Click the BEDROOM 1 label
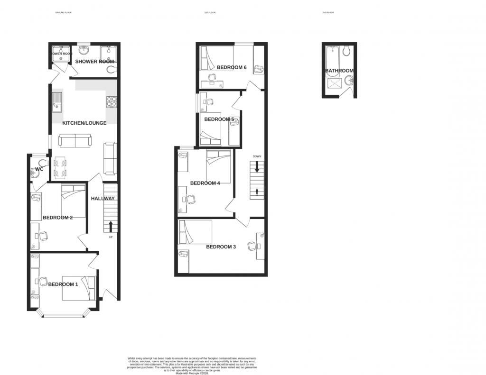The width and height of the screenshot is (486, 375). coord(63,284)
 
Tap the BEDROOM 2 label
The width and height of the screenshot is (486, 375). coord(57,218)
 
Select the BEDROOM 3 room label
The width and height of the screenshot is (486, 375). coord(221,247)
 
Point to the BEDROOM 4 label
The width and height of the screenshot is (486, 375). coord(205,183)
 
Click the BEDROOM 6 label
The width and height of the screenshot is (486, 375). coord(232,67)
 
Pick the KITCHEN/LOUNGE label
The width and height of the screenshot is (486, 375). coord(84,123)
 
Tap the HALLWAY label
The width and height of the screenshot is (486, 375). coord(103,199)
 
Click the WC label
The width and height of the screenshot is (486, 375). coord(39,169)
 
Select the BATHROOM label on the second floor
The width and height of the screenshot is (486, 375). coord(339,71)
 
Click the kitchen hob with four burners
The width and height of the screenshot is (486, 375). coord(112,101)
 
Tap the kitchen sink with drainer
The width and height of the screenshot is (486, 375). coord(57,101)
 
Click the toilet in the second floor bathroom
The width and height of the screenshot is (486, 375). coord(347,50)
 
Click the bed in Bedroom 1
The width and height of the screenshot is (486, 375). coord(79,288)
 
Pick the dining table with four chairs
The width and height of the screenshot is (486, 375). coord(60,167)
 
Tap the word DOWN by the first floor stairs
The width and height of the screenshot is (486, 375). coord(257,156)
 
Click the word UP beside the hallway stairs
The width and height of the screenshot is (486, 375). coord(111,237)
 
